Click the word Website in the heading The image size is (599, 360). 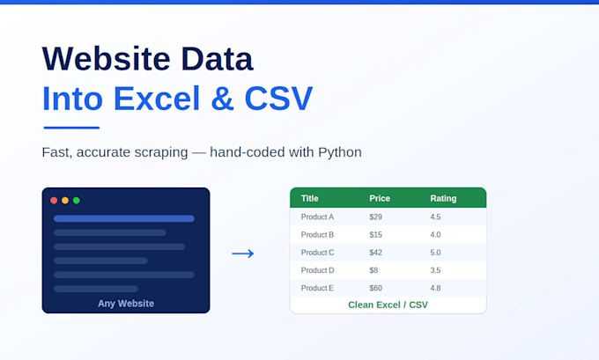107,59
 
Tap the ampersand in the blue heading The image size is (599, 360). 222,98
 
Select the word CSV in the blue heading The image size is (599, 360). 278,98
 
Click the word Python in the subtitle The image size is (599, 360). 340,152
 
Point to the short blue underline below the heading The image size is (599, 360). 72,128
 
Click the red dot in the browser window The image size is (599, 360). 54,201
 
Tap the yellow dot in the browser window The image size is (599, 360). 65,201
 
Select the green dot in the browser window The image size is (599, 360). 77,201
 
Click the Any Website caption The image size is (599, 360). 126,304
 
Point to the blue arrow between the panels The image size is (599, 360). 243,253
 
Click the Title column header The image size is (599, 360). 310,199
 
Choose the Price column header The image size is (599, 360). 380,199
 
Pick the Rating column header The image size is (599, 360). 443,199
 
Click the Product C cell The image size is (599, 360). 317,253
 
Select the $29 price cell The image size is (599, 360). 375,217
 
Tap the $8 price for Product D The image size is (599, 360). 373,270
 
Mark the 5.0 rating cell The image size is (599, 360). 435,253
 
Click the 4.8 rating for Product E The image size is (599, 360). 435,288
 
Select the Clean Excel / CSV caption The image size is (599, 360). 388,305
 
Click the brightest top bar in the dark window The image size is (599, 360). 124,219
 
